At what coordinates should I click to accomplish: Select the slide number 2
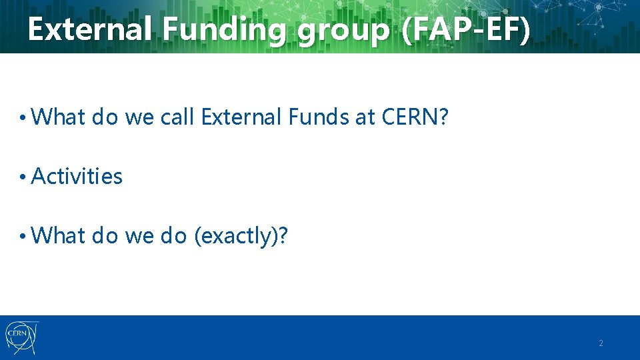[x=601, y=343]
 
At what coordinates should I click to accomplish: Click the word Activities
[x=77, y=177]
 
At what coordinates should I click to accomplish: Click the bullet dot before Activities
[x=23, y=177]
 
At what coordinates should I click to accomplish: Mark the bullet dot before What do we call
[x=23, y=119]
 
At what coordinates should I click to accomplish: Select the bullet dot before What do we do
[x=23, y=237]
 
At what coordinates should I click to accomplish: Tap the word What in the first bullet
[x=59, y=117]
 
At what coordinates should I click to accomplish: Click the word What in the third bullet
[x=59, y=235]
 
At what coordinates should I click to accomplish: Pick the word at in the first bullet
[x=366, y=118]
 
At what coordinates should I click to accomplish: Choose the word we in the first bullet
[x=139, y=119]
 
